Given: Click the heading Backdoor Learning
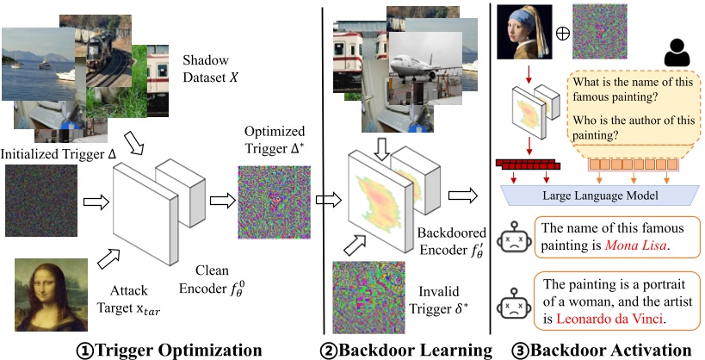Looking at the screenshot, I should (409, 349).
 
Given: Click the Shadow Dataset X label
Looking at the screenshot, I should (215, 69).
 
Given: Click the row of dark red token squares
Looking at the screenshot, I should (527, 162).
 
